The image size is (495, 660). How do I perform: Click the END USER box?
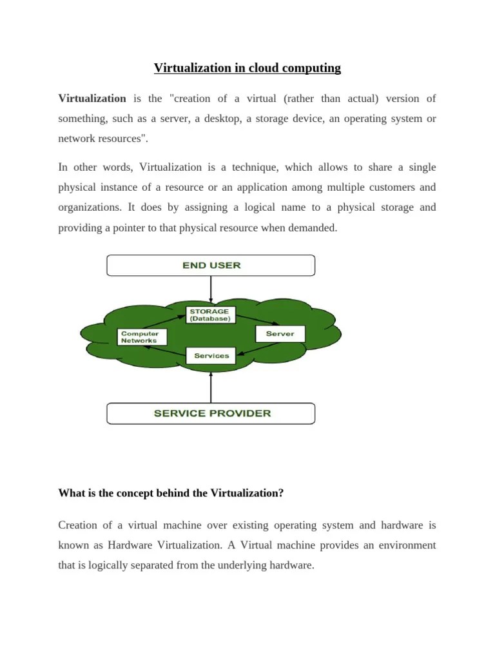[211, 266]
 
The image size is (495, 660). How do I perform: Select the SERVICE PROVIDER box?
[211, 413]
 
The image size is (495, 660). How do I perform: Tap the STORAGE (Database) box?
[209, 315]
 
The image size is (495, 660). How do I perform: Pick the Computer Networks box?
[142, 337]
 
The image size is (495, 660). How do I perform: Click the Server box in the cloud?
[280, 334]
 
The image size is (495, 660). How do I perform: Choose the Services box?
[211, 356]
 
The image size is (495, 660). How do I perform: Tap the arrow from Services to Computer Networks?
[166, 351]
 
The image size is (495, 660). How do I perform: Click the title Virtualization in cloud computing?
[247, 68]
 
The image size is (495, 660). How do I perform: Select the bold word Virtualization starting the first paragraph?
[92, 99]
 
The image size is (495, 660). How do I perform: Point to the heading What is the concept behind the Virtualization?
[171, 493]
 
